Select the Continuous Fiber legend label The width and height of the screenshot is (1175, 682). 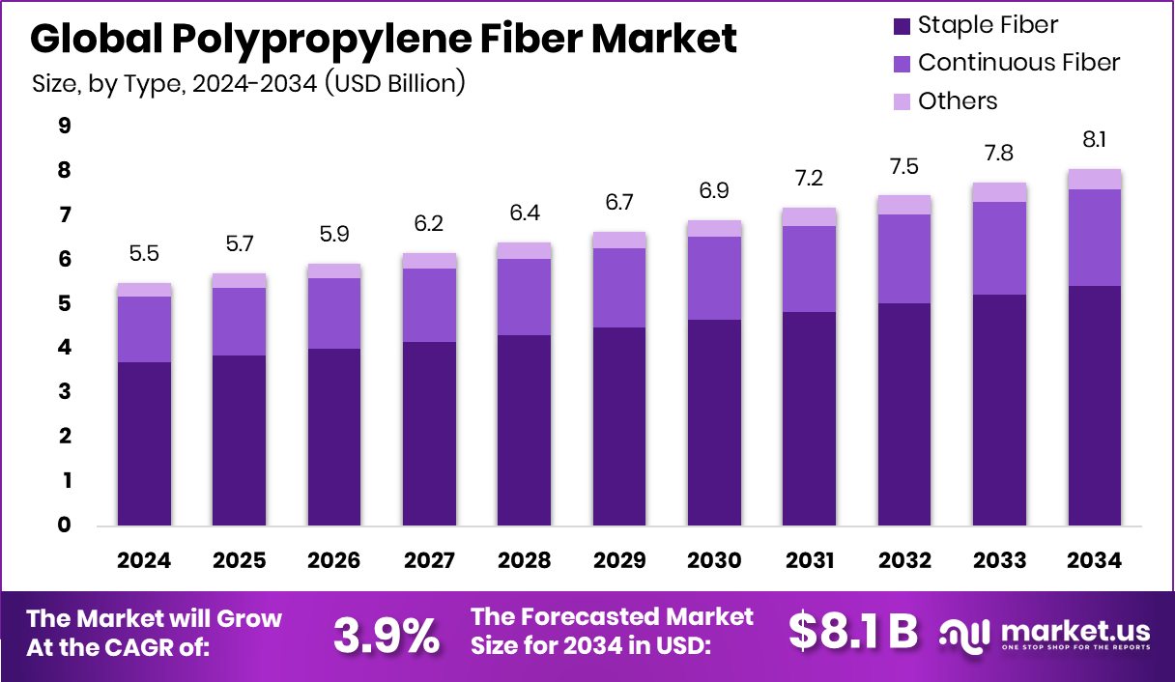point(1018,63)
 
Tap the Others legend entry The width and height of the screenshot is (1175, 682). point(957,101)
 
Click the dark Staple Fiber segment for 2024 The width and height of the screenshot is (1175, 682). point(144,444)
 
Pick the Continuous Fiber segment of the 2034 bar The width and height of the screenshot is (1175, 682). point(1094,238)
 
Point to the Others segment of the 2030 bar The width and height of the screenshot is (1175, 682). point(714,229)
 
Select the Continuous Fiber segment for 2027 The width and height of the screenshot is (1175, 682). point(429,305)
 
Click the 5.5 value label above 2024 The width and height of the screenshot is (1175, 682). point(144,254)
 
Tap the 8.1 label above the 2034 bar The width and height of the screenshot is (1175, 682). point(1094,140)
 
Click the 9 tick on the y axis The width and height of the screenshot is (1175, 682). point(65,126)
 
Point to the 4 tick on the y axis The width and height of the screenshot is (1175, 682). point(65,348)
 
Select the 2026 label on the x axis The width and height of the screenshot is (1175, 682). point(333,561)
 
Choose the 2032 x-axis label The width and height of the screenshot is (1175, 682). point(904,561)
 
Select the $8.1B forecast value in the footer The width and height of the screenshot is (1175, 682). point(852,632)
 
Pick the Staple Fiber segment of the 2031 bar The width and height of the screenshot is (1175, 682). point(809,418)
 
